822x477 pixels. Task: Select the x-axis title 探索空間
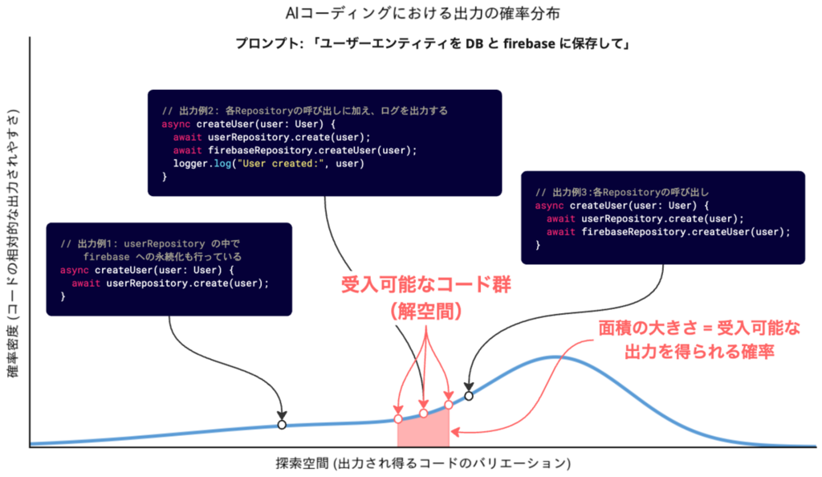422,463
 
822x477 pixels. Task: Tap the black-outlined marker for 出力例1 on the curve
281,425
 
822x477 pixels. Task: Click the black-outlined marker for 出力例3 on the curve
469,394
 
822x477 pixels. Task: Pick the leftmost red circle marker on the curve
398,419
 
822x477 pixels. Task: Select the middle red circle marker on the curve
424,414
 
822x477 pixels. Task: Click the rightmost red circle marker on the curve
449,405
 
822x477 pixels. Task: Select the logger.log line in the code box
269,164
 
